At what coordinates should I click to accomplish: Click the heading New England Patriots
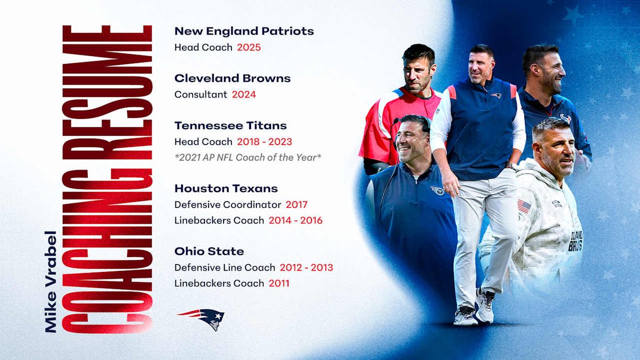(x=244, y=31)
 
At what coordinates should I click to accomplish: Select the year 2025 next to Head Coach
(x=249, y=47)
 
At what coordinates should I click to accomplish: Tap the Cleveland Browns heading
(x=233, y=78)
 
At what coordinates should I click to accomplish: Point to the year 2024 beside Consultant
(x=244, y=94)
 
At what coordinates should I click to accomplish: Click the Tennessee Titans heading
(x=230, y=125)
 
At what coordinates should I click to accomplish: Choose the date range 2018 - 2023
(x=265, y=142)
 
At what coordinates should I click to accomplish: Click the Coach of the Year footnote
(x=248, y=157)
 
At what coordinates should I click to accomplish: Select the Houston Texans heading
(x=226, y=189)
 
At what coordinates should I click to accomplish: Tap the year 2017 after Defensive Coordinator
(x=297, y=205)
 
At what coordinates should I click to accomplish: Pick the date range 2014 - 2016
(x=295, y=220)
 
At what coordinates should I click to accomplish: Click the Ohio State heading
(x=209, y=251)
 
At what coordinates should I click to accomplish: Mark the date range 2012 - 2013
(x=306, y=267)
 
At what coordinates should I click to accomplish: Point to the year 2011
(x=279, y=283)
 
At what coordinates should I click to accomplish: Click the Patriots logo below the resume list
(x=202, y=319)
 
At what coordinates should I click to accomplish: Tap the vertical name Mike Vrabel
(x=51, y=282)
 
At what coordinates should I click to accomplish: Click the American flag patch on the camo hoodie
(x=524, y=206)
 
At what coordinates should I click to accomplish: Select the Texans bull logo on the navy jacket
(x=565, y=118)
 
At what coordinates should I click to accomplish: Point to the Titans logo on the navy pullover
(x=437, y=190)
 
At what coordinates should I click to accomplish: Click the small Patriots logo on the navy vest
(x=497, y=95)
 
